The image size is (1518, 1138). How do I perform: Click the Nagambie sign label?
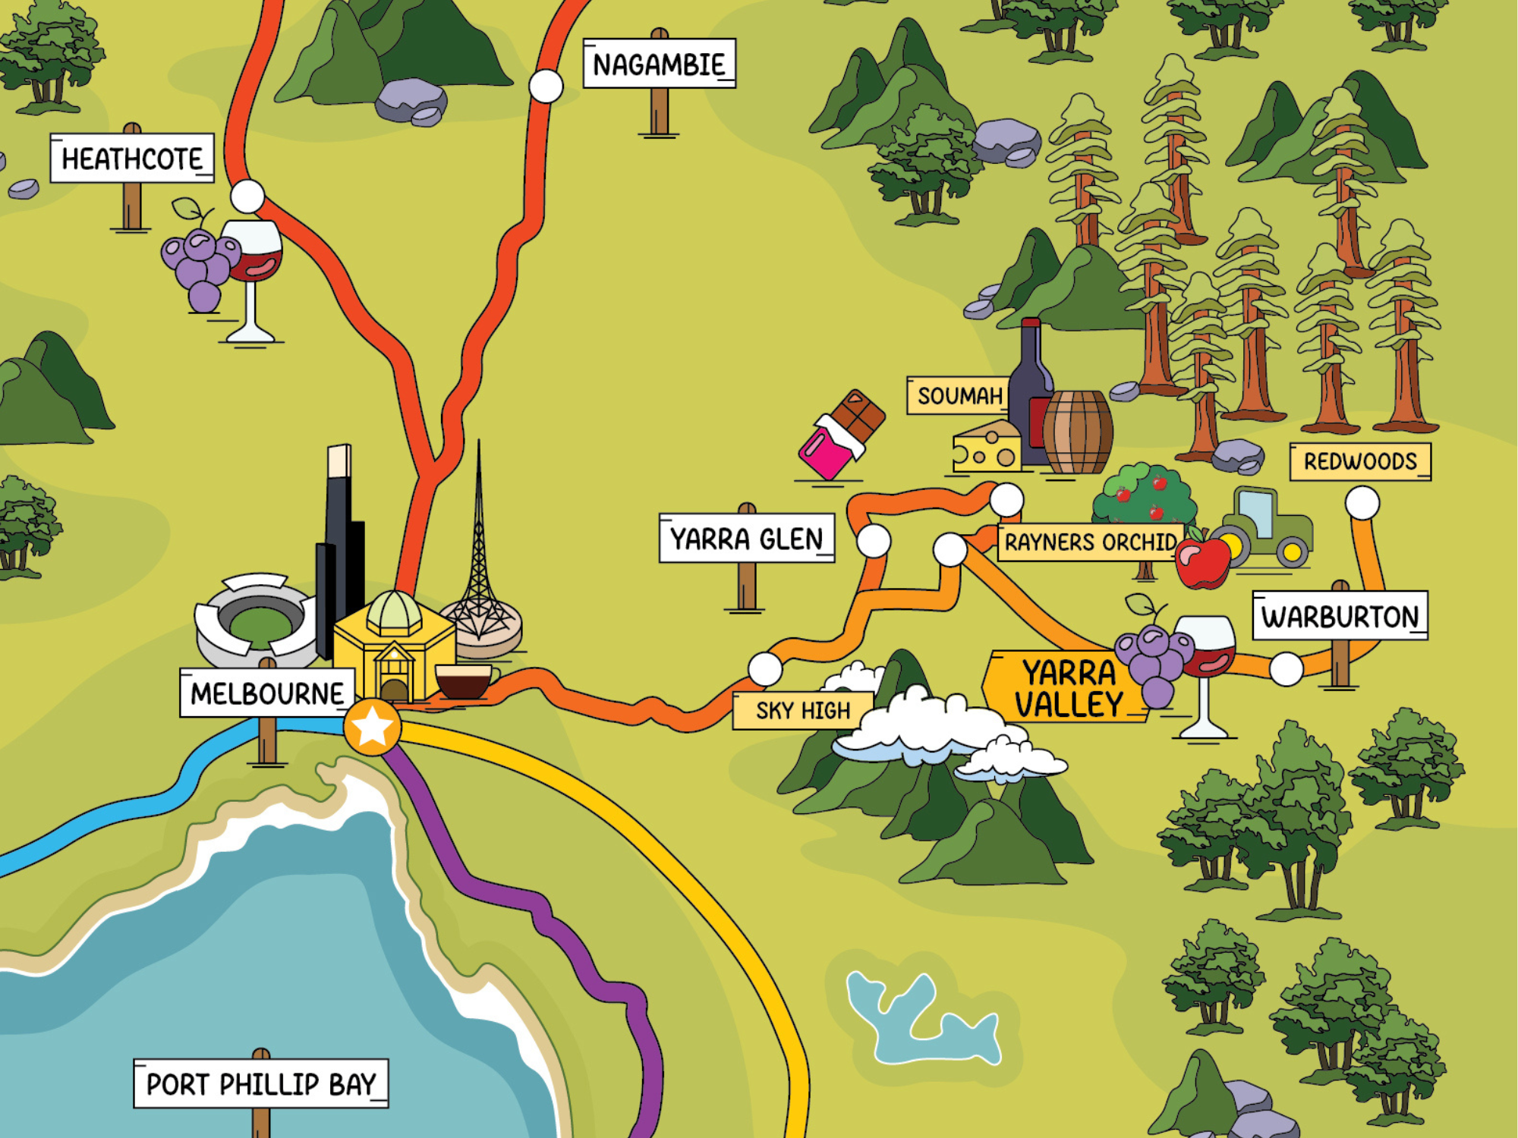pyautogui.click(x=659, y=64)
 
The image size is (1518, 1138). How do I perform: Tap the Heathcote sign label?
pyautogui.click(x=132, y=159)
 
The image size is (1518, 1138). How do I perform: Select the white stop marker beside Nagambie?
pyautogui.click(x=546, y=86)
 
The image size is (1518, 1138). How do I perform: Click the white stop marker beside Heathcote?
pyautogui.click(x=247, y=196)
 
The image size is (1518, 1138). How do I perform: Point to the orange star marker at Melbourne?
pyautogui.click(x=372, y=727)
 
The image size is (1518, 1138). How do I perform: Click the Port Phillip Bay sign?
pyautogui.click(x=260, y=1083)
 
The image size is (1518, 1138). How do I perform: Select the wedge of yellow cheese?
pyautogui.click(x=987, y=448)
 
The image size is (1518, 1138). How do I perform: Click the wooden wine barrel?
pyautogui.click(x=1077, y=432)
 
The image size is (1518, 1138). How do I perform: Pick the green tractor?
pyautogui.click(x=1264, y=527)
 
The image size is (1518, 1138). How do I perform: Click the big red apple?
pyautogui.click(x=1202, y=561)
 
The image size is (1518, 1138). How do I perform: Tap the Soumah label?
pyautogui.click(x=959, y=395)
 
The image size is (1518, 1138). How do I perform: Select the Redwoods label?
pyautogui.click(x=1359, y=461)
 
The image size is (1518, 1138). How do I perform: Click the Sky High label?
pyautogui.click(x=802, y=711)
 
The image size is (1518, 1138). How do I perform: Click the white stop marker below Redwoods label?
pyautogui.click(x=1362, y=503)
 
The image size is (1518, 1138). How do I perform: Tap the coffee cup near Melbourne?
pyautogui.click(x=464, y=681)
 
